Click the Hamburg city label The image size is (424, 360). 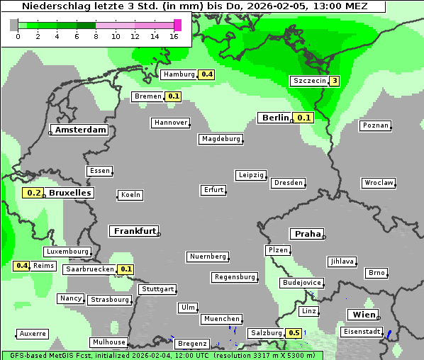click(179, 74)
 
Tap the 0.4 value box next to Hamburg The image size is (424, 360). click(207, 74)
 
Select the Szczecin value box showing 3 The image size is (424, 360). click(334, 81)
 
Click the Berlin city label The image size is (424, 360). click(275, 118)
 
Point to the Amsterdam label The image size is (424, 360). click(80, 130)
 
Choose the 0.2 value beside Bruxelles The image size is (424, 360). click(33, 193)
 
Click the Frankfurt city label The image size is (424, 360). click(134, 231)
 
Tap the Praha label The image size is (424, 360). click(306, 234)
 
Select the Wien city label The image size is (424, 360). click(364, 315)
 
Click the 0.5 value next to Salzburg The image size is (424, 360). click(294, 333)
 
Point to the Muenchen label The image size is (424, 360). click(221, 320)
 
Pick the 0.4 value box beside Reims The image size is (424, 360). click(22, 266)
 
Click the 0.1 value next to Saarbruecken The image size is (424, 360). click(126, 269)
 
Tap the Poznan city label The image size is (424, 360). click(375, 125)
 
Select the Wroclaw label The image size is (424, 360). click(378, 183)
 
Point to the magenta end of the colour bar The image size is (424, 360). click(177, 26)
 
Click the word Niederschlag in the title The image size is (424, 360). click(51, 6)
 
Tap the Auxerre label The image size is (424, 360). click(33, 334)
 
